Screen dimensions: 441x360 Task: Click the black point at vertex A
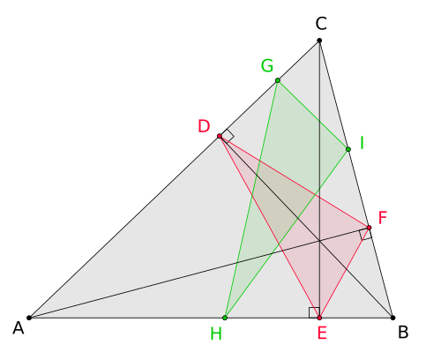pyautogui.click(x=29, y=318)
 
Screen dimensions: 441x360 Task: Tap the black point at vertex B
pyautogui.click(x=392, y=318)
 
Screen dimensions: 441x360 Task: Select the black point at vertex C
pyautogui.click(x=319, y=41)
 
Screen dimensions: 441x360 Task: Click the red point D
pyautogui.click(x=220, y=136)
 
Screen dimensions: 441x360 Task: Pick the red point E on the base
pyautogui.click(x=319, y=318)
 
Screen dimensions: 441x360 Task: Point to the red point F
pyautogui.click(x=370, y=228)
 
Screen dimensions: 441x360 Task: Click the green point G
pyautogui.click(x=278, y=80)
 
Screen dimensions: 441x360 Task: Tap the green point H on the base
pyautogui.click(x=225, y=318)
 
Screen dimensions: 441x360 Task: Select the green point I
pyautogui.click(x=348, y=149)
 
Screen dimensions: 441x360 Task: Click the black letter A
pyautogui.click(x=19, y=328)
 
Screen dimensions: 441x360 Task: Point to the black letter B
pyautogui.click(x=403, y=332)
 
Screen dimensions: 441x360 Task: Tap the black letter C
pyautogui.click(x=321, y=24)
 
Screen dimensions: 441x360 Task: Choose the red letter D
pyautogui.click(x=204, y=126)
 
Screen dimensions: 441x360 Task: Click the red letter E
pyautogui.click(x=322, y=334)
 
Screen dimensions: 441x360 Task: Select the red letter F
pyautogui.click(x=383, y=218)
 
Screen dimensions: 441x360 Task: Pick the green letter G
pyautogui.click(x=267, y=65)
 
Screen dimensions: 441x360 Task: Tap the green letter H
pyautogui.click(x=216, y=334)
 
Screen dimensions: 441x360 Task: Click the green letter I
pyautogui.click(x=362, y=143)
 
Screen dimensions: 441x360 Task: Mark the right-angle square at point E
pyautogui.click(x=314, y=312)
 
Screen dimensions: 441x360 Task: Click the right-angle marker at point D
pyautogui.click(x=227, y=136)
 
